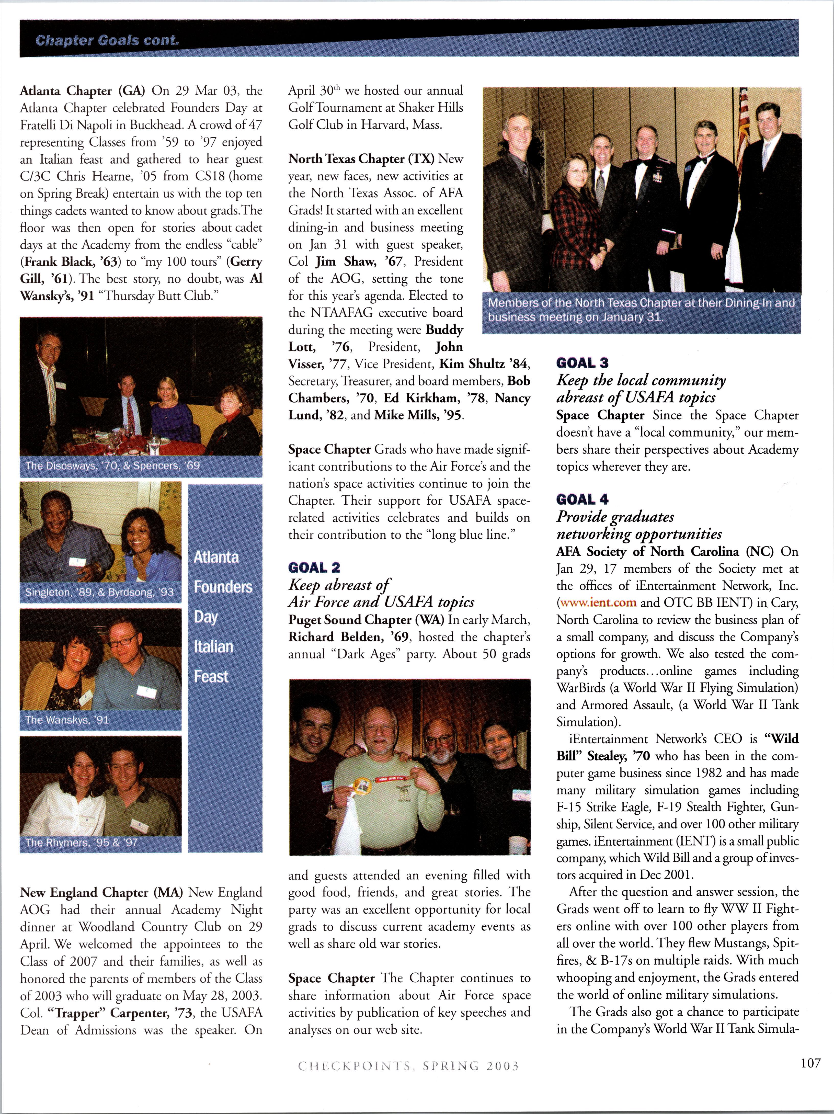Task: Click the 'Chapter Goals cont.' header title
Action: (107, 40)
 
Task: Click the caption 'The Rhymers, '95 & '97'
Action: (81, 843)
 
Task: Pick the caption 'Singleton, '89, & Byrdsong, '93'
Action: (99, 592)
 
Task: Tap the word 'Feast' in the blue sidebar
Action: (211, 676)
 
